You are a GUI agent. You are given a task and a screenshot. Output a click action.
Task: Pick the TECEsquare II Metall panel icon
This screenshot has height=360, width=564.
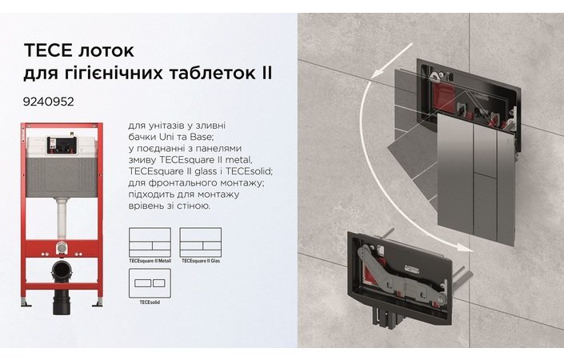150,242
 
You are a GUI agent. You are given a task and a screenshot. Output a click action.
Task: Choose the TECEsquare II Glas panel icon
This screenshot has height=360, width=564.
200,242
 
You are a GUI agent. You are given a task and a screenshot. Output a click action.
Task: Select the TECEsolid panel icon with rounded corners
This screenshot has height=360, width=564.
150,283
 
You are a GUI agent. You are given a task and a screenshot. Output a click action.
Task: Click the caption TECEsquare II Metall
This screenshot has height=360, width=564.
150,261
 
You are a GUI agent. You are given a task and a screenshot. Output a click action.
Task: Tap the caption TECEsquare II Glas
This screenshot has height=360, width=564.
199,261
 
